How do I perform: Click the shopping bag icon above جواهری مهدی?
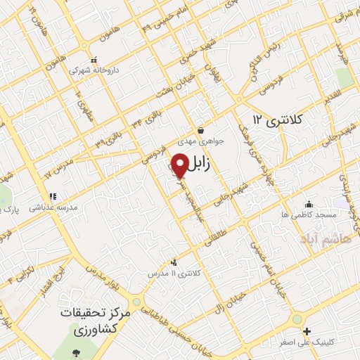coord(201,130)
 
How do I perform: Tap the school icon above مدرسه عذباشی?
coord(51,197)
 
